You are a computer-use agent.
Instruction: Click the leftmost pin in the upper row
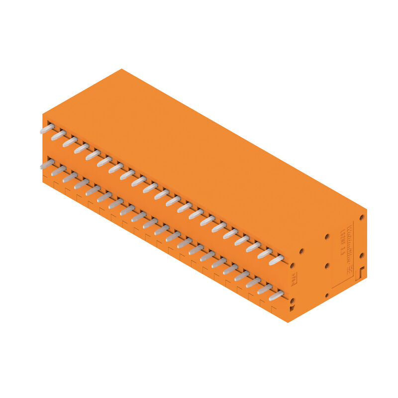(47, 128)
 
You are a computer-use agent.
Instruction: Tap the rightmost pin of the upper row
(276, 259)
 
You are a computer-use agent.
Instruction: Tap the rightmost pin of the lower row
(276, 296)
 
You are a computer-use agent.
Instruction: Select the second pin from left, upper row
(58, 135)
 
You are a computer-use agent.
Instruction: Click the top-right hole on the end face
(362, 217)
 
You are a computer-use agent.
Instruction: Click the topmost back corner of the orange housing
(121, 69)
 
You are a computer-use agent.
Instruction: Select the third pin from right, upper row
(253, 246)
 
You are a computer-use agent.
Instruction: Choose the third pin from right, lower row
(253, 283)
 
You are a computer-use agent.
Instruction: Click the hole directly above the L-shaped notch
(362, 255)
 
